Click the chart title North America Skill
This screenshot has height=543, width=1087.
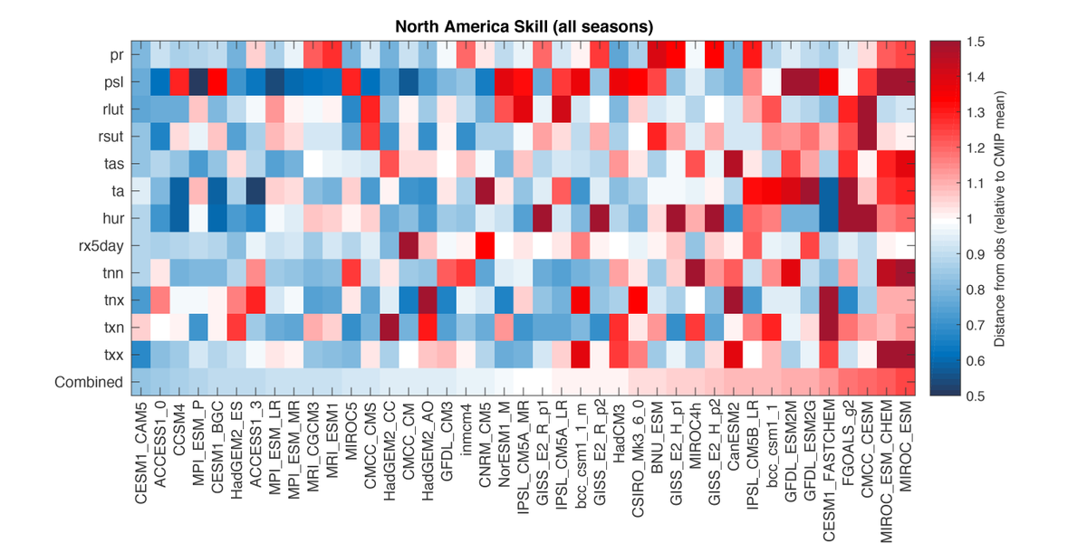524,24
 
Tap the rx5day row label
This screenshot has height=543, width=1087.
101,245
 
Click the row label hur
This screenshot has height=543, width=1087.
112,219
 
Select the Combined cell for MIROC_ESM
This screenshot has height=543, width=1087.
909,381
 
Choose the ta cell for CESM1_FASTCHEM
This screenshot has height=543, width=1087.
830,192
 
